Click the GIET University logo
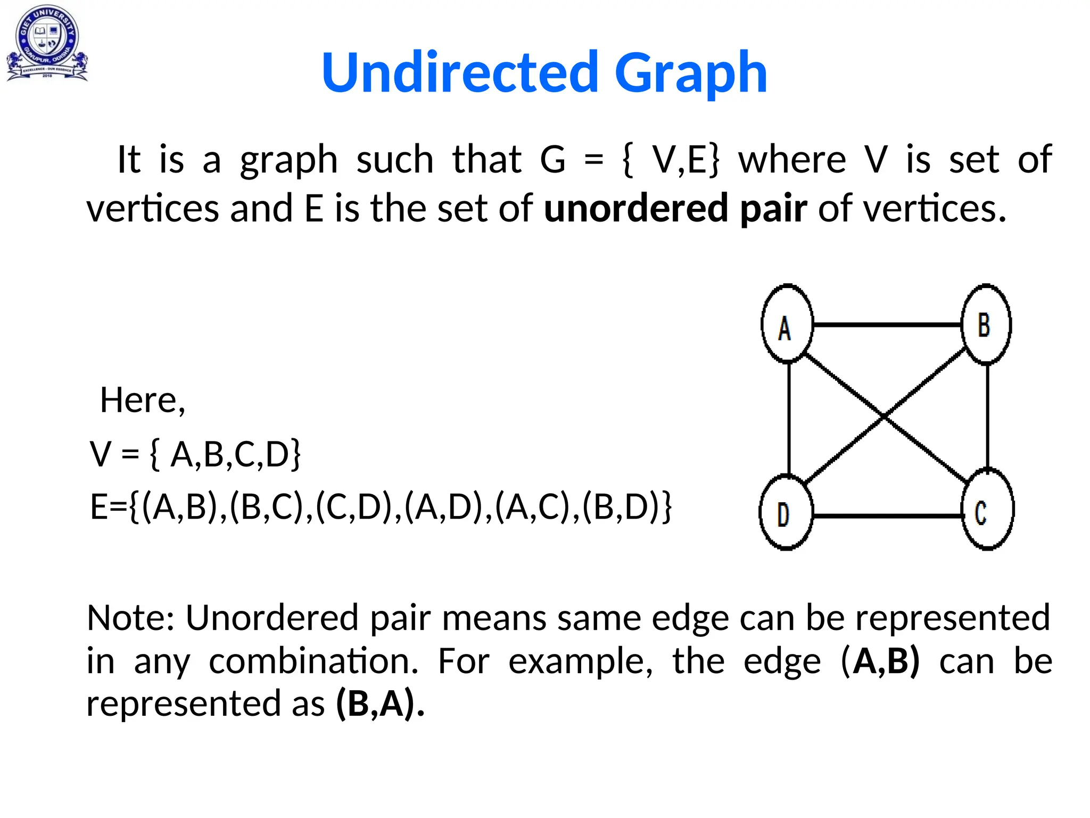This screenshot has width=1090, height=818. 47,43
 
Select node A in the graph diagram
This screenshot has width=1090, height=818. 787,324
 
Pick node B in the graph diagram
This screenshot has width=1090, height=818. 986,324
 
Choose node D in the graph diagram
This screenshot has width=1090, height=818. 786,512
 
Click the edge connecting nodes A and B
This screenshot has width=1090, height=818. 887,324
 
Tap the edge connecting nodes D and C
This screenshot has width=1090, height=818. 888,516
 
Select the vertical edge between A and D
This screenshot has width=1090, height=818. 789,418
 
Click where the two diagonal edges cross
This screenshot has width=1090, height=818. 883,417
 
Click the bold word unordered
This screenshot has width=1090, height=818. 636,208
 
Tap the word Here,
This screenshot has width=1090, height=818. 143,400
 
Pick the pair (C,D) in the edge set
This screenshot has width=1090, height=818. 355,506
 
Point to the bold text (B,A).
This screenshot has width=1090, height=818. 376,704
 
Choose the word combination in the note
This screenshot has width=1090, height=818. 313,661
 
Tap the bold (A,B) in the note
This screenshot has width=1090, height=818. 880,661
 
